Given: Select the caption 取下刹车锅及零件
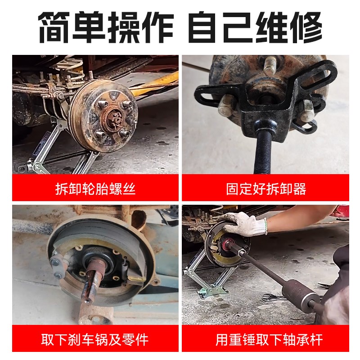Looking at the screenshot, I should [95, 339].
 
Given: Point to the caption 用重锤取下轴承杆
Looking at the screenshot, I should [266, 339].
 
